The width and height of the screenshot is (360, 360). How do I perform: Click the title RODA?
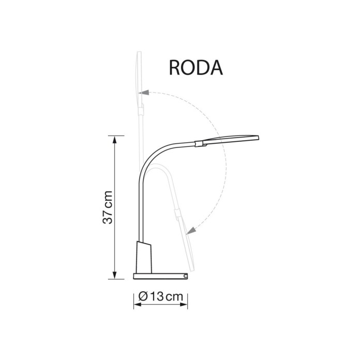[x=196, y=67]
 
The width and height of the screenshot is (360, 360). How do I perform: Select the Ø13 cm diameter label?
[x=160, y=297]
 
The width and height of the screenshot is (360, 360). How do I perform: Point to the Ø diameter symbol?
[x=143, y=297]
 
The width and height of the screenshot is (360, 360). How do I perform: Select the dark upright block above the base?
[x=144, y=257]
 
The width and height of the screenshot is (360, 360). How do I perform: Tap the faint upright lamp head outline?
[x=138, y=78]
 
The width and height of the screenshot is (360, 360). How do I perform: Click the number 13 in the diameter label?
[x=156, y=297]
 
